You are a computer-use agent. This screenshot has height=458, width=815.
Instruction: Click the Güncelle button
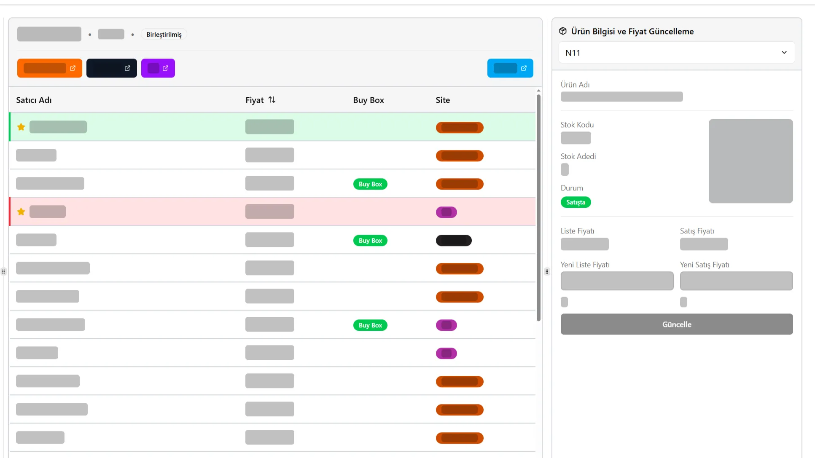(677, 324)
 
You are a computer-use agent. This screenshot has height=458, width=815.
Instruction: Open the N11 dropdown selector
(677, 53)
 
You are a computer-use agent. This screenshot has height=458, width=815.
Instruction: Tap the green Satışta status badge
(576, 202)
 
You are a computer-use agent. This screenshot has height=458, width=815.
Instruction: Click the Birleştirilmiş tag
(164, 35)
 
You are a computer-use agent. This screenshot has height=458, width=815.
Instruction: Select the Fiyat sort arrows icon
(272, 100)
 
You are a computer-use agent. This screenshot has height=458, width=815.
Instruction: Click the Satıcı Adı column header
(34, 100)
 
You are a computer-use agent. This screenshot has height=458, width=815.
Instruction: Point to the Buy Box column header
(368, 100)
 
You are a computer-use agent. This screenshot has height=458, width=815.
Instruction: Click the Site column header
(443, 100)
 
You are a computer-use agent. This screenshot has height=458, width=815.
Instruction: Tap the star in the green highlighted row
(21, 127)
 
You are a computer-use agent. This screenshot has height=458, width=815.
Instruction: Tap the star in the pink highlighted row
(21, 212)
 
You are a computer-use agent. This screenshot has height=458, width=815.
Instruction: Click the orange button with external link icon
(50, 68)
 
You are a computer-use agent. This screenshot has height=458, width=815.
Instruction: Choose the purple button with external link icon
(158, 68)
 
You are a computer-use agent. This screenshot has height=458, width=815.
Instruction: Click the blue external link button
(510, 68)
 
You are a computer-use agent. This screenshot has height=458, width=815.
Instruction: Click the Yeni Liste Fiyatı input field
(617, 281)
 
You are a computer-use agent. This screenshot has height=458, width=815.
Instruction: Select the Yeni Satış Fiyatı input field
(736, 281)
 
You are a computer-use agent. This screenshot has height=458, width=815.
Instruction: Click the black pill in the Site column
(454, 240)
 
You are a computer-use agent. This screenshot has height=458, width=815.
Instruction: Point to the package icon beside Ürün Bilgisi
(563, 31)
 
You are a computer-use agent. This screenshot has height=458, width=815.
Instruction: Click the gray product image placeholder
(750, 161)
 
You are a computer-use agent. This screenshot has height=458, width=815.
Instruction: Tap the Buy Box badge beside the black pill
(370, 241)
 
